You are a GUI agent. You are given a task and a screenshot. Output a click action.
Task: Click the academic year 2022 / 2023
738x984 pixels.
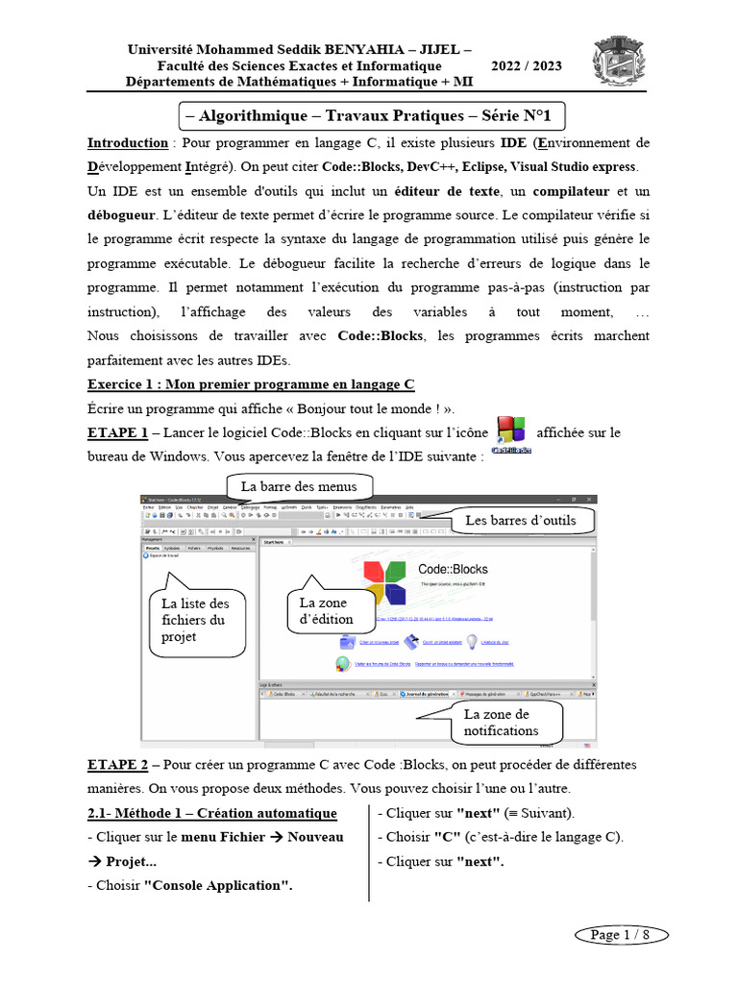(x=527, y=66)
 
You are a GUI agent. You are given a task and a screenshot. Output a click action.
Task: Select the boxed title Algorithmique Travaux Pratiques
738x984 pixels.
(x=374, y=116)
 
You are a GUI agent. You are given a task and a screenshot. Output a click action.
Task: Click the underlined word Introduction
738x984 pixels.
(x=128, y=143)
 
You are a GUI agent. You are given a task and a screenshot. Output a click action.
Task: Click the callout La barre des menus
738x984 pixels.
(x=299, y=486)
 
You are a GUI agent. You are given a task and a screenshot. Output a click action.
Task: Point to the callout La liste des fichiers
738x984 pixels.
(x=195, y=620)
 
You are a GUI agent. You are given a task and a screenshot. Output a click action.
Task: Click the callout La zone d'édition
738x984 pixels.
(x=326, y=610)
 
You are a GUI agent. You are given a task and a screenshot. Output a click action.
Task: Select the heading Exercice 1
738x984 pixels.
(x=251, y=384)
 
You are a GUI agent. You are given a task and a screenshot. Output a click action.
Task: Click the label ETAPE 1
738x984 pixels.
(x=117, y=432)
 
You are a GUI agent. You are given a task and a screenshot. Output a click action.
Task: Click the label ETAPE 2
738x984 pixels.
(x=117, y=765)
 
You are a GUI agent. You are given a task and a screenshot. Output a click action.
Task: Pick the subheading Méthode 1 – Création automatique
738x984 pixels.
(x=211, y=814)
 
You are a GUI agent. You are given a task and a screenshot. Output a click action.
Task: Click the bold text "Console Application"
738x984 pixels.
(x=218, y=885)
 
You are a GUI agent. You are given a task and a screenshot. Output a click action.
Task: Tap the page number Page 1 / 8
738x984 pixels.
(x=620, y=934)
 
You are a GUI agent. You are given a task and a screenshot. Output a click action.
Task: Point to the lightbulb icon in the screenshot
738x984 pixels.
(x=472, y=642)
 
